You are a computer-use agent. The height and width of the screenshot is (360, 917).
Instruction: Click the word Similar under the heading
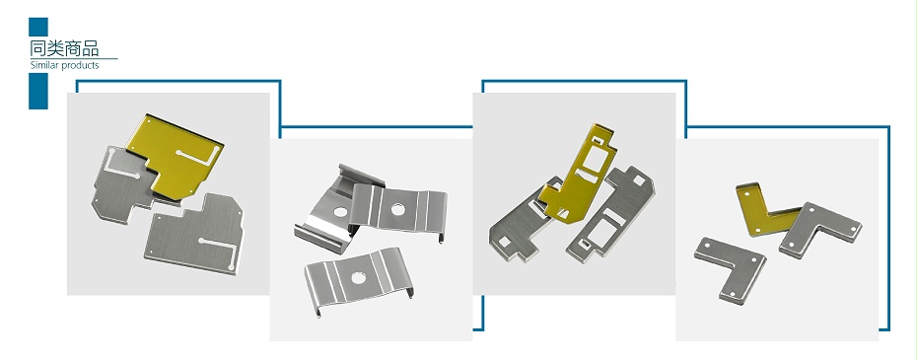44,65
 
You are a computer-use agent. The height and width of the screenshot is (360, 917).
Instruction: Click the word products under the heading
80,65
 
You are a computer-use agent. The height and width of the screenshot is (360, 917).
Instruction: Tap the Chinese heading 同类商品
64,47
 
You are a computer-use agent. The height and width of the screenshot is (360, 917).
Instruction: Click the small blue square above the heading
38,27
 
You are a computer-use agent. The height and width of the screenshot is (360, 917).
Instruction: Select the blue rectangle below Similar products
38,91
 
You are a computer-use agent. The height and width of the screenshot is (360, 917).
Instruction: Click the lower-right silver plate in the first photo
196,234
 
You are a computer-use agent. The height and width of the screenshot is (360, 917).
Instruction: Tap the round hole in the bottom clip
357,277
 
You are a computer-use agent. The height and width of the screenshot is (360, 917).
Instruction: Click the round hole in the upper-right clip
398,208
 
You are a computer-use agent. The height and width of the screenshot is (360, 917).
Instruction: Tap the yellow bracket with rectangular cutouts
578,174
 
